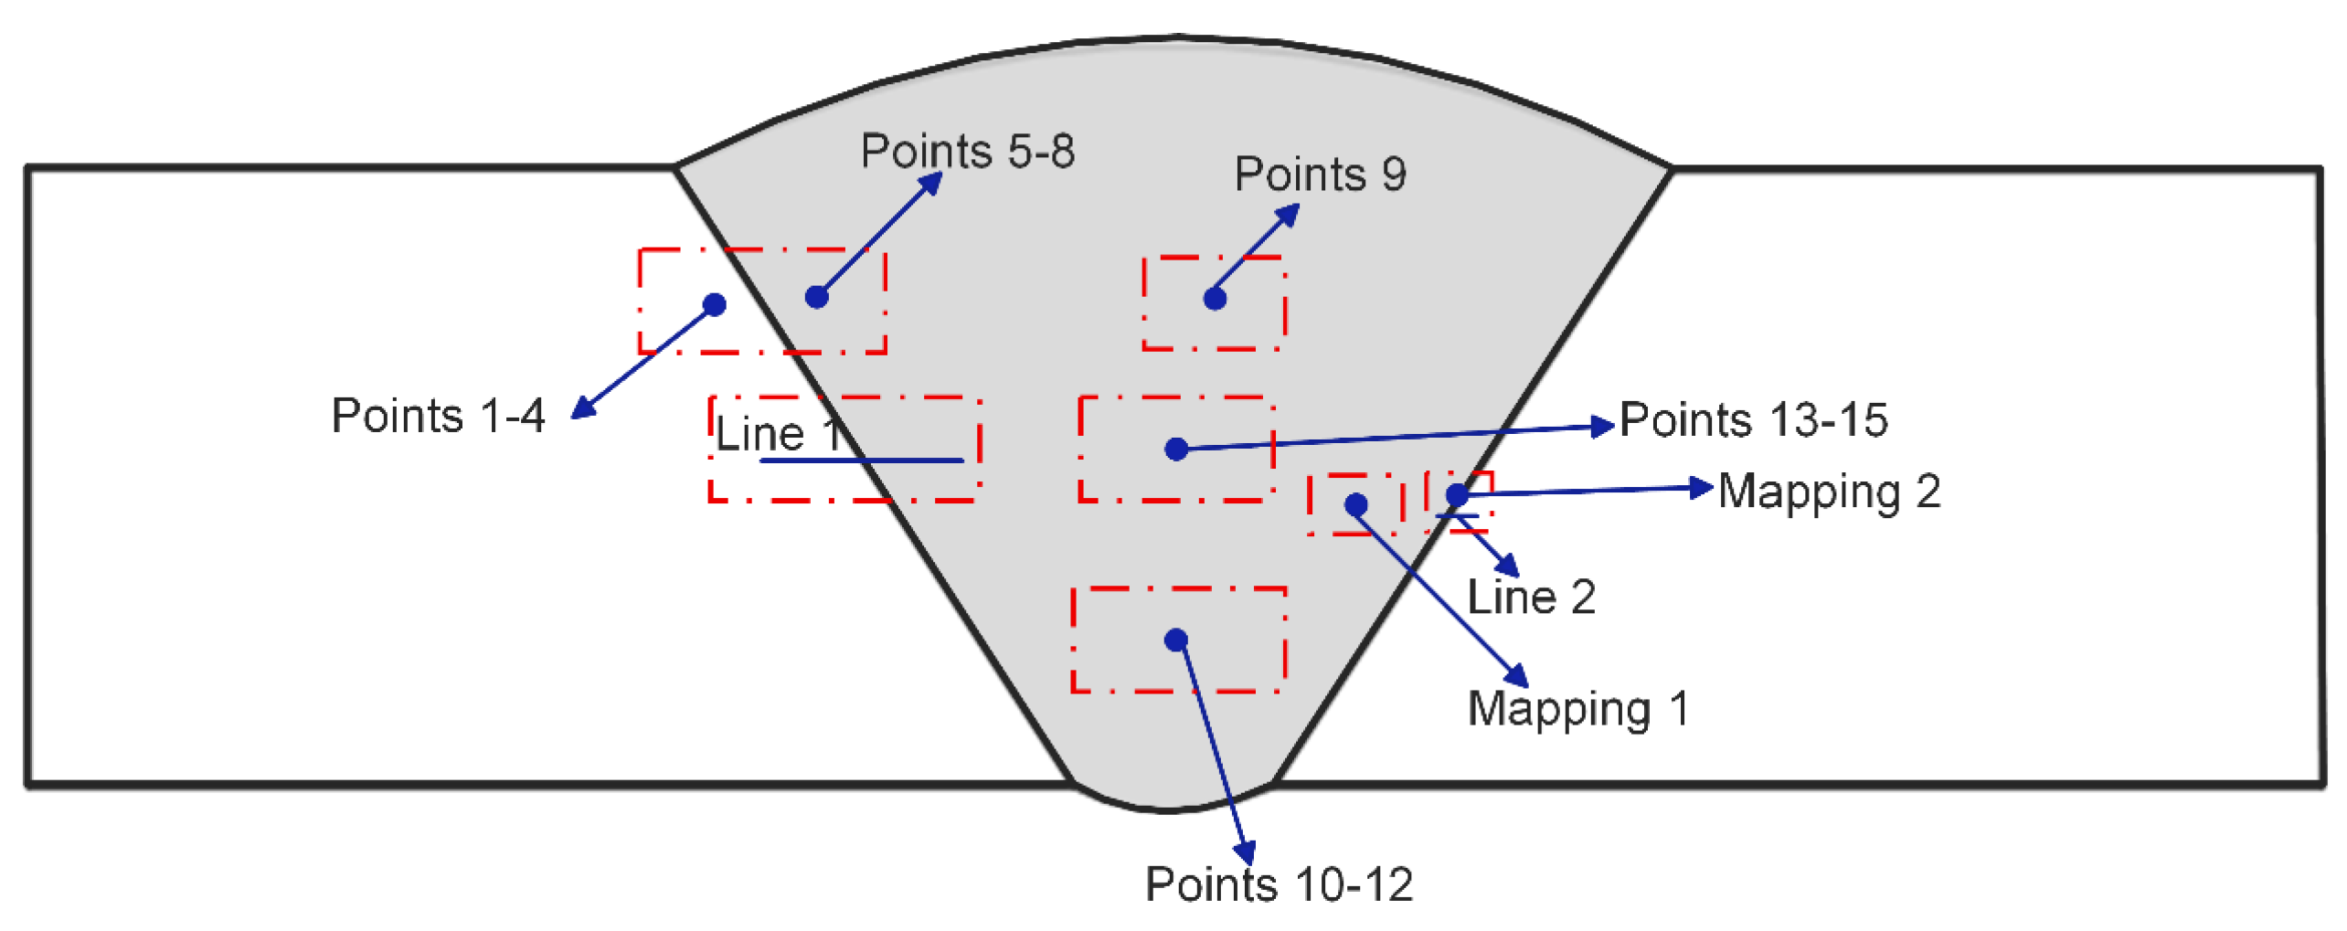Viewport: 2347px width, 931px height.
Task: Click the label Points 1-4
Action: coord(438,416)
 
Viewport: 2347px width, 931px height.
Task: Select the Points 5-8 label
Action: coord(968,151)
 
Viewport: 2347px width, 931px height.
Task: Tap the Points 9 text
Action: coord(1320,174)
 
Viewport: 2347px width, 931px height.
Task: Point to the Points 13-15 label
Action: coord(1753,419)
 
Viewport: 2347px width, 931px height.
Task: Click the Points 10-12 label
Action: coord(1279,883)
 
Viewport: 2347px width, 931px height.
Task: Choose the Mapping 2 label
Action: coord(1829,492)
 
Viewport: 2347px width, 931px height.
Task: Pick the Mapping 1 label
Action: coord(1577,710)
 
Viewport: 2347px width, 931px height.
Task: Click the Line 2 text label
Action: coord(1531,597)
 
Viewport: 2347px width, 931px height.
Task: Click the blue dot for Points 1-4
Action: coord(715,304)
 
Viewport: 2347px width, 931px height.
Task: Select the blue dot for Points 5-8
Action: coord(817,297)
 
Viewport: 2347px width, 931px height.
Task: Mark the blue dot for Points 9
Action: coord(1215,299)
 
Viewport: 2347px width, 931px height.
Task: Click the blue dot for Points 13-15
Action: coord(1176,449)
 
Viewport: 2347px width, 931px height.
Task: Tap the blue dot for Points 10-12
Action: coord(1176,640)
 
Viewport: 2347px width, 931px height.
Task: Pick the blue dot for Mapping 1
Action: coord(1356,504)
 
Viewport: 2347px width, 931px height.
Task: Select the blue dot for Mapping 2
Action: coord(1457,495)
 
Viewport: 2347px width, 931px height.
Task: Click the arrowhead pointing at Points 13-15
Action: coord(1603,426)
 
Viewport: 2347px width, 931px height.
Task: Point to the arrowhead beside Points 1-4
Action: coord(583,407)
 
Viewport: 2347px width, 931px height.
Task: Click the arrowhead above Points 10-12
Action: coord(1246,852)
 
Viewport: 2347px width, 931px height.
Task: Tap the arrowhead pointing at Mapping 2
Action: coord(1701,488)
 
